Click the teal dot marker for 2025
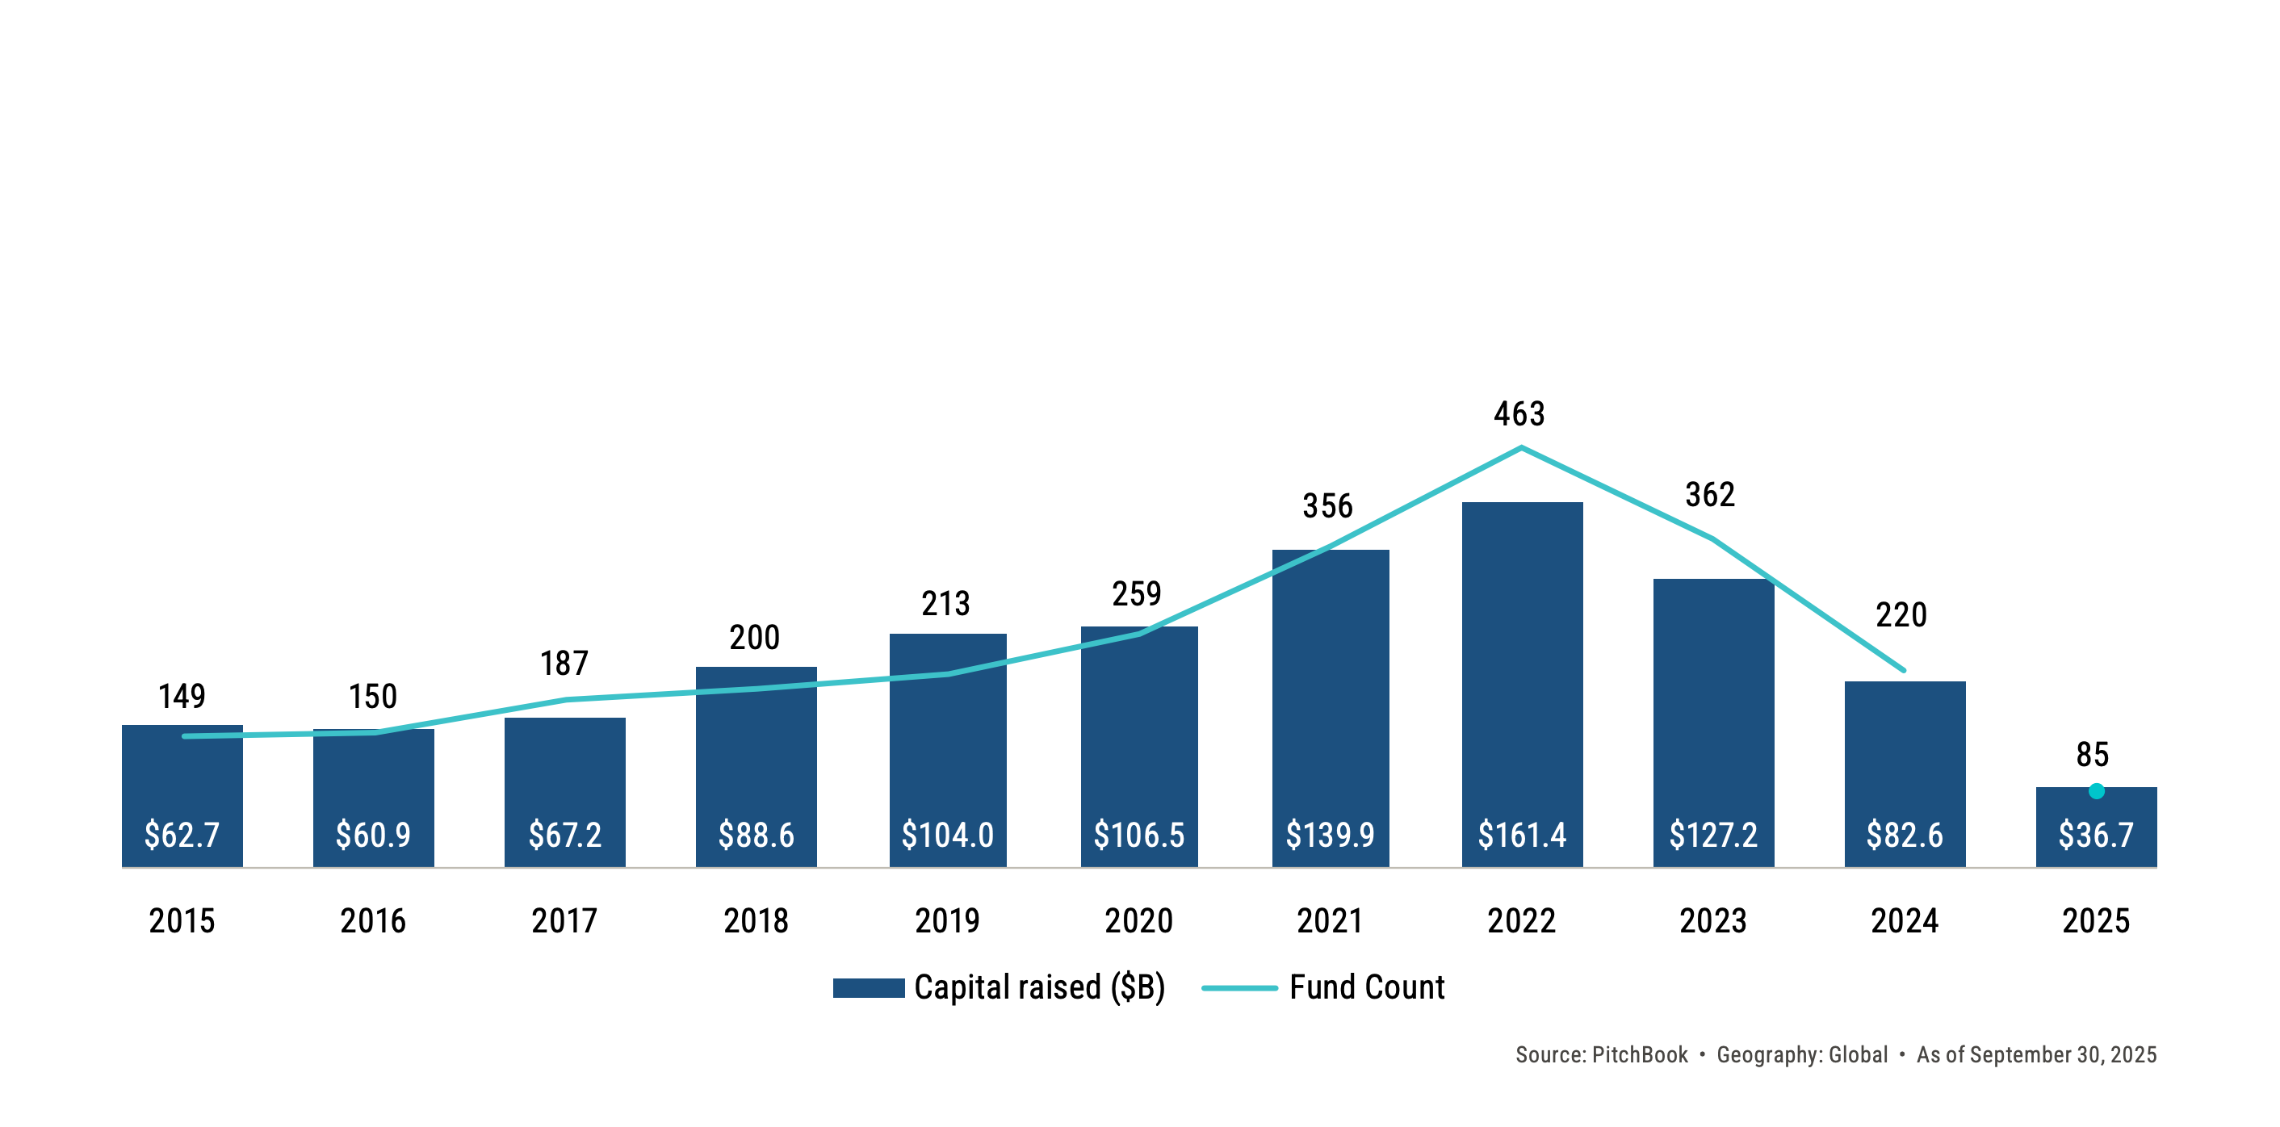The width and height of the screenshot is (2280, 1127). point(2096,790)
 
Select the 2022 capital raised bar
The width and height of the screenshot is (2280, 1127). point(1521,672)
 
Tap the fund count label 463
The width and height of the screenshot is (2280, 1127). point(1519,413)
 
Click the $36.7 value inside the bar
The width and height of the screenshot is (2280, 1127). point(2096,835)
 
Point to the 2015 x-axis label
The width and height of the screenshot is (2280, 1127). point(182,920)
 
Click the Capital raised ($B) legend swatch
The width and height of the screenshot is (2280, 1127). point(868,987)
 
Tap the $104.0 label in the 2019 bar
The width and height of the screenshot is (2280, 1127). point(947,835)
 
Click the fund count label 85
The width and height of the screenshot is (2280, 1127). point(2093,754)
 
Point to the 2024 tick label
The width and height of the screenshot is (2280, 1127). point(1905,920)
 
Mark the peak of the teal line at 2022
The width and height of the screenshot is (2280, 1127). point(1521,448)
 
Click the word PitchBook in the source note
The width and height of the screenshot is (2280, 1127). point(1639,1054)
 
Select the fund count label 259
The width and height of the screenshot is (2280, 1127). point(1137,593)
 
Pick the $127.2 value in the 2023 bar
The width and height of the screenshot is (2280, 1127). point(1712,835)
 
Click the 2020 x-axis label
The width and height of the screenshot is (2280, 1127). point(1138,920)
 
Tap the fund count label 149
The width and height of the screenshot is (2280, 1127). point(182,696)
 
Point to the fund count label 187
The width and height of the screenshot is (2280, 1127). point(564,663)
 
